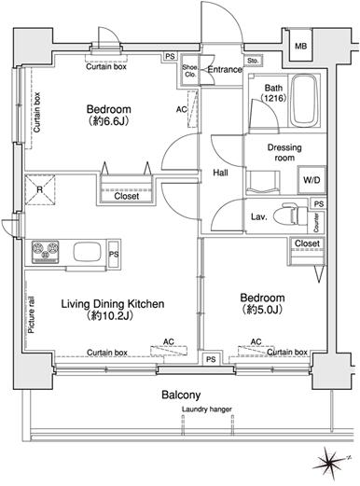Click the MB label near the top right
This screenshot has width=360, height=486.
coord(300,47)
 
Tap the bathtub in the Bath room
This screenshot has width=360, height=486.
coord(305,100)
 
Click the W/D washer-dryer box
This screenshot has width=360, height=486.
coord(312,180)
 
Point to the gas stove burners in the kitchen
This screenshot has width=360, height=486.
coord(45,252)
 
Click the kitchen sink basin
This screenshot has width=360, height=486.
coord(87,252)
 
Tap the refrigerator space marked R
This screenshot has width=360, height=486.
coord(40,189)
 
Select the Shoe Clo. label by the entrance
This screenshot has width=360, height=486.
coord(189,71)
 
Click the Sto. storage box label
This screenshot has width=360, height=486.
coord(253,61)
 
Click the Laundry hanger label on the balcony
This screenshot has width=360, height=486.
coord(207,410)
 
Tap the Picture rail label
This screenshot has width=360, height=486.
coord(32,315)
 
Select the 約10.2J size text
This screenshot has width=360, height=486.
coord(110,316)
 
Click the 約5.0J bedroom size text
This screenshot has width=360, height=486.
coord(261,310)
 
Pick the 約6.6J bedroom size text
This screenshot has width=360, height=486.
coord(108,121)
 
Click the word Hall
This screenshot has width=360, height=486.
coord(220,173)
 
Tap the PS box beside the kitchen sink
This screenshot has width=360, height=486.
coord(114,254)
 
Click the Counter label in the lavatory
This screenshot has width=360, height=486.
coord(316,223)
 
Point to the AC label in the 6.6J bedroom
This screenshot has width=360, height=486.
coord(182,109)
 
